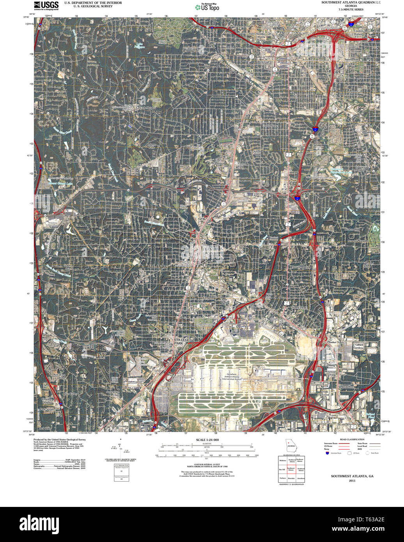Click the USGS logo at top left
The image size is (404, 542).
[46, 5]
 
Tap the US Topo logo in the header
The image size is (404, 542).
[207, 7]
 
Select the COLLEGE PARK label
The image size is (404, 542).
[181, 341]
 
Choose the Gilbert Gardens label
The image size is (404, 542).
[359, 346]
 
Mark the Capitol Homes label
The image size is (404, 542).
[358, 32]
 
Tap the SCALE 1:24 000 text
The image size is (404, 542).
[207, 440]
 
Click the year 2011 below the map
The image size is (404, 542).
[352, 480]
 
